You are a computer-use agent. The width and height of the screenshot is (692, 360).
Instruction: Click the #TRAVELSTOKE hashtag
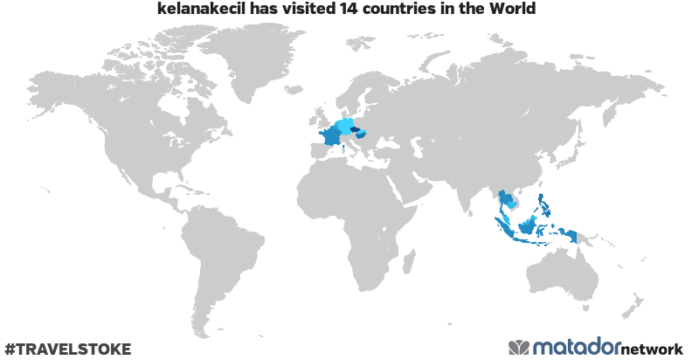pyautogui.click(x=67, y=349)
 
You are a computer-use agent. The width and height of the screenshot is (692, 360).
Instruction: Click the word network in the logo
pyautogui.click(x=652, y=348)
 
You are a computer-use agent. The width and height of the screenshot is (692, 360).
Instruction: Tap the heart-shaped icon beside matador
pyautogui.click(x=519, y=348)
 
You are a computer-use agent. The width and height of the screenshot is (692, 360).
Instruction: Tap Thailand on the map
pyautogui.click(x=504, y=202)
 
